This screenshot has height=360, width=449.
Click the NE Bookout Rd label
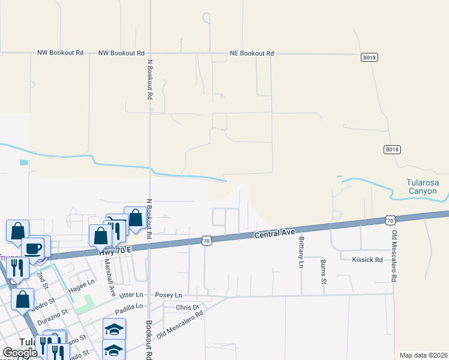pos(252,53)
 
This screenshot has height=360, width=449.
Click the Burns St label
pos(323,271)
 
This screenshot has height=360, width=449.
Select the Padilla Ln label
pos(129,306)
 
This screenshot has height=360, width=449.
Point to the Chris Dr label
pos(187,307)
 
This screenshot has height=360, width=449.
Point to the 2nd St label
pos(40,277)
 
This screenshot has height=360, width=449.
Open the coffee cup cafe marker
pos(32,248)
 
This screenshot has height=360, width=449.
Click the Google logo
pos(20,353)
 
